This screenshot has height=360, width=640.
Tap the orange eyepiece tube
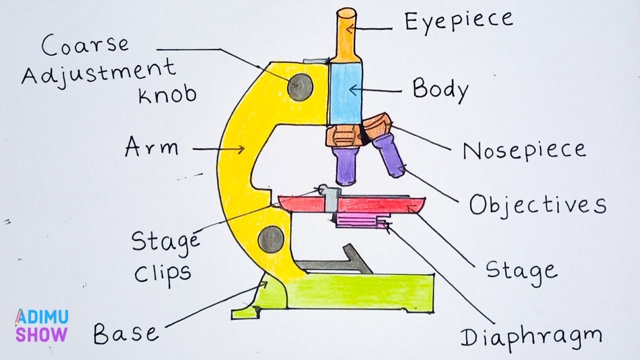(x=344, y=35)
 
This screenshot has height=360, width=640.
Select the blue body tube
(x=345, y=92)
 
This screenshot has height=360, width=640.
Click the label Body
(x=440, y=90)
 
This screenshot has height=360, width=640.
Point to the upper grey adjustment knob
(x=300, y=87)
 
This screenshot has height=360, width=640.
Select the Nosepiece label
(x=523, y=150)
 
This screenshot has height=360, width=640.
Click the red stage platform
(x=380, y=205)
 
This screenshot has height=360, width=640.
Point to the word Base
(x=126, y=332)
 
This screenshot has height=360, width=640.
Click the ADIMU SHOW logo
(x=42, y=325)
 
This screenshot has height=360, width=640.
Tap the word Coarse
(x=85, y=46)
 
